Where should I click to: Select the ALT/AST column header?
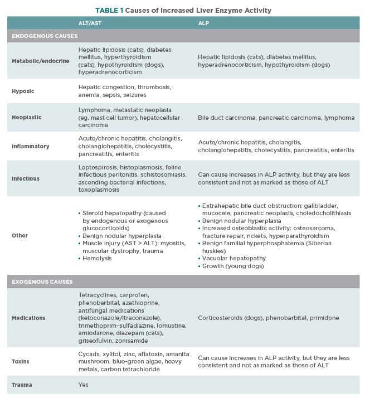tap(90, 23)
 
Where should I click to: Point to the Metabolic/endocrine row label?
tap(37, 61)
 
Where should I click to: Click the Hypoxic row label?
tap(23, 90)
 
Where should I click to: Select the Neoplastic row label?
tap(27, 118)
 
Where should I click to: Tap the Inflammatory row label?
tap(31, 146)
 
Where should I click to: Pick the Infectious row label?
tap(27, 179)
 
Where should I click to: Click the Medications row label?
tap(28, 318)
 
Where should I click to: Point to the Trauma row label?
tap(22, 385)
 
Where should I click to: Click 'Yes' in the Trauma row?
tap(84, 385)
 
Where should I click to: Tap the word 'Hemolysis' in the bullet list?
tap(98, 259)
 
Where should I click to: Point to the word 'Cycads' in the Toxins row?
tap(89, 354)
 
